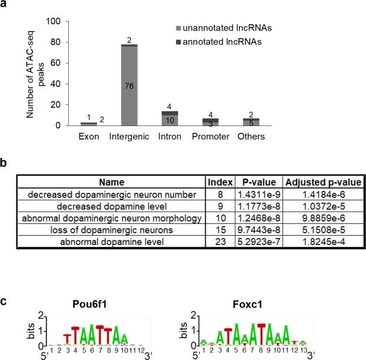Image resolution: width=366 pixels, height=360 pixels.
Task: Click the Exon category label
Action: click(x=88, y=137)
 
